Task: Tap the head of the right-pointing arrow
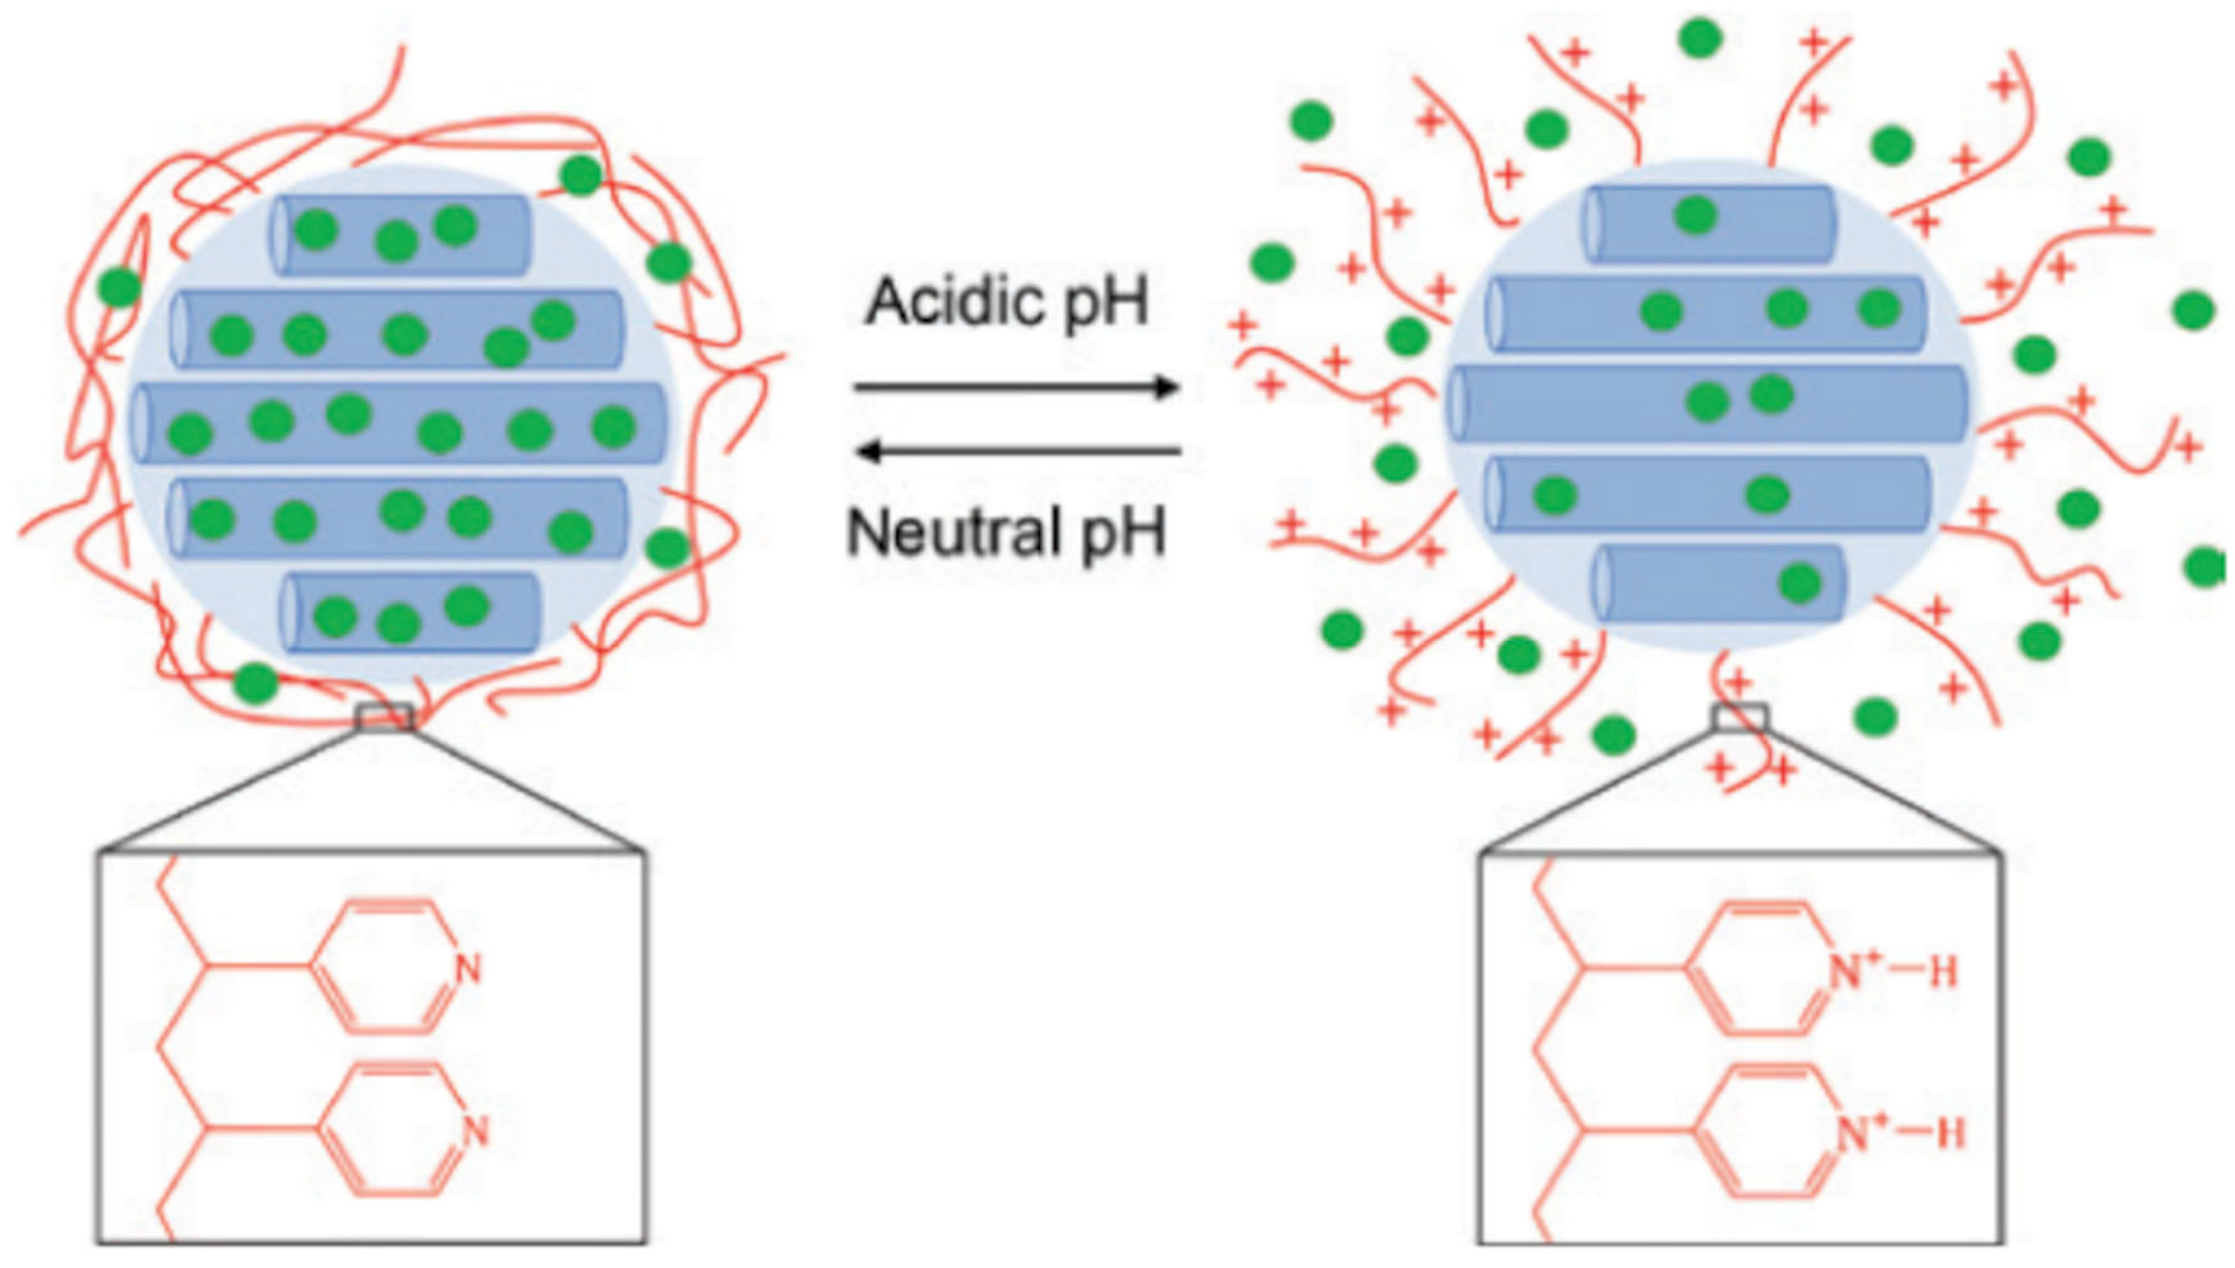click(x=1168, y=388)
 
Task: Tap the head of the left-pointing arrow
click(x=868, y=451)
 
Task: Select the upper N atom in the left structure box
click(x=468, y=969)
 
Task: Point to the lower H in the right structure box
click(x=1950, y=1134)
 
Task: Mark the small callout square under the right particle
click(x=1739, y=717)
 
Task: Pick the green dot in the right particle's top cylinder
click(x=1696, y=215)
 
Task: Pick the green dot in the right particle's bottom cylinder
click(x=1800, y=582)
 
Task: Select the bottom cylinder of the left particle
click(x=410, y=612)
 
